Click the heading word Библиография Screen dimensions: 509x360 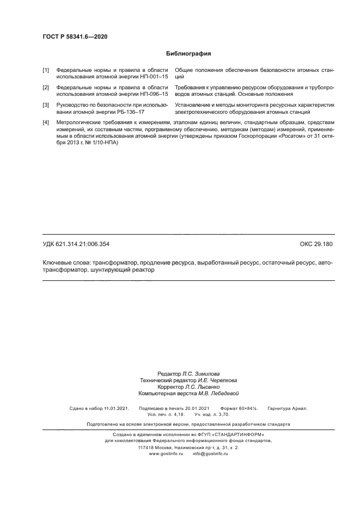(x=188, y=54)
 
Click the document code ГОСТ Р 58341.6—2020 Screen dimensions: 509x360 (x=71, y=36)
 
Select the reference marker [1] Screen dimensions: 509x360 (x=46, y=71)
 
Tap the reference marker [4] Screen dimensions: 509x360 (x=46, y=122)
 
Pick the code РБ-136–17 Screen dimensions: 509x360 (x=129, y=111)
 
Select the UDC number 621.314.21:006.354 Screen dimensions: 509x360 (x=86, y=244)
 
